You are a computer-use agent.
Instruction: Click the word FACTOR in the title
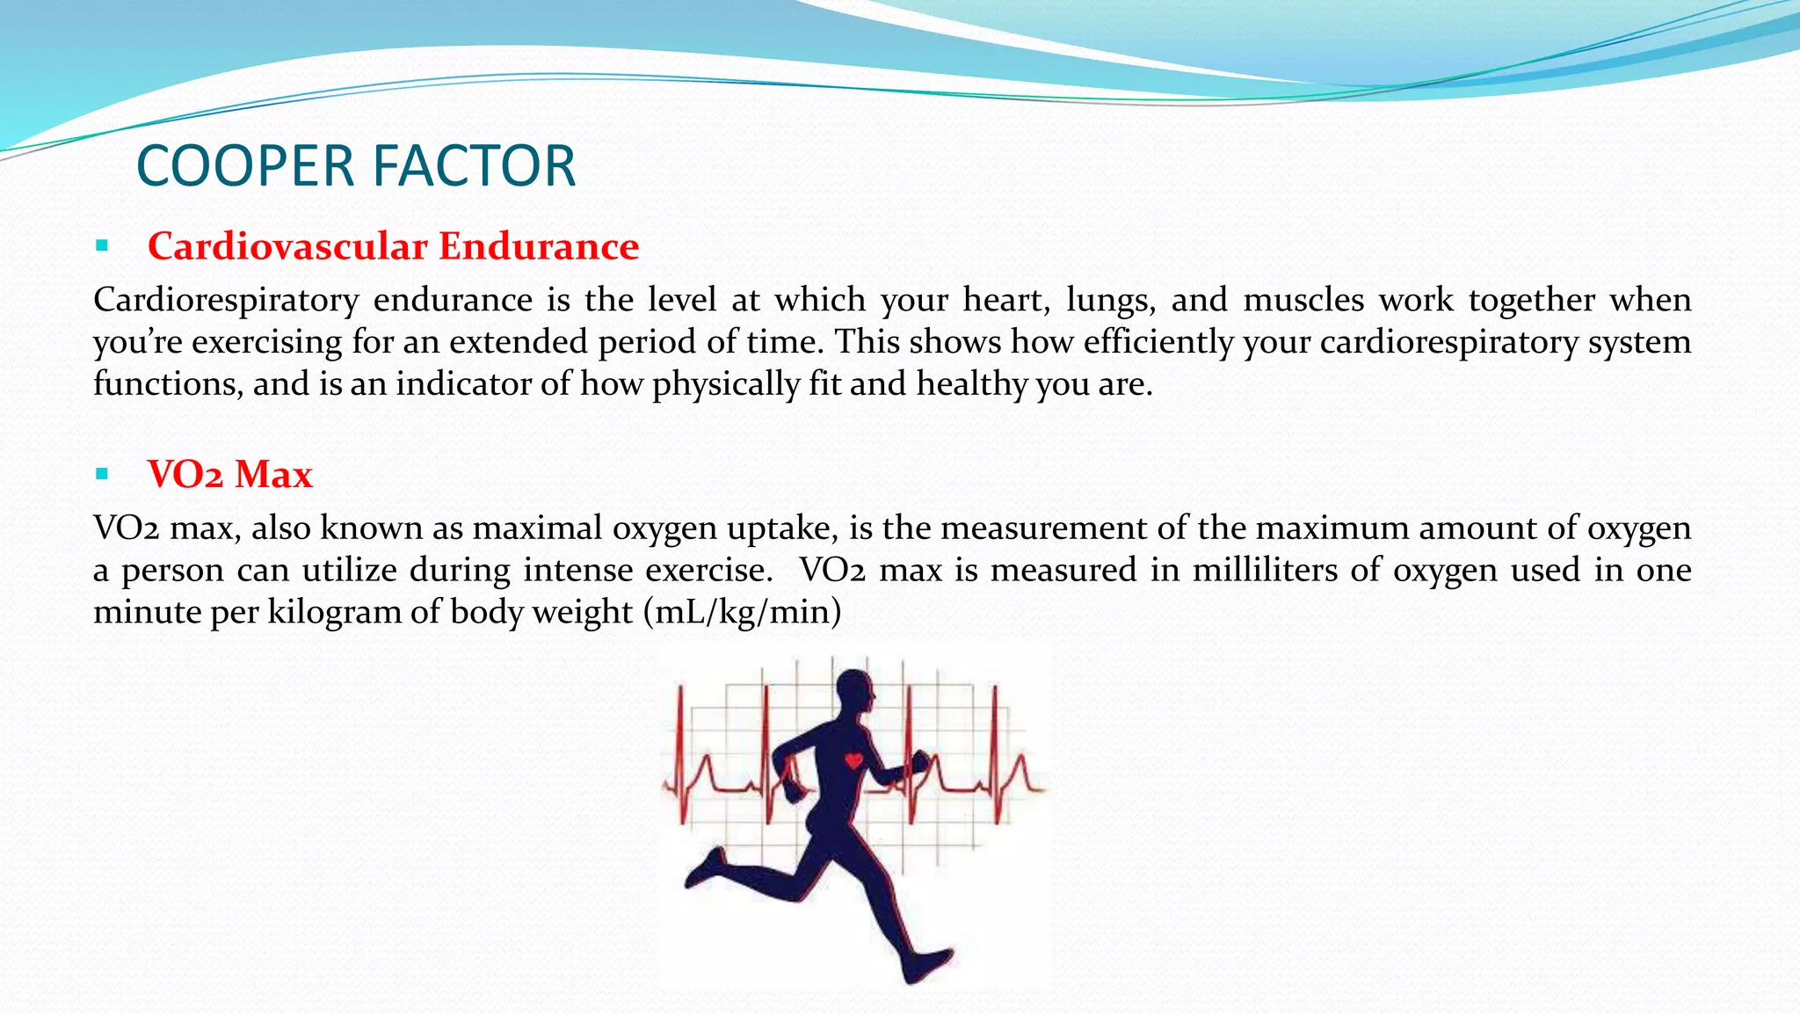coord(475,166)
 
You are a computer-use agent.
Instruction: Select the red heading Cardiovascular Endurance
coord(393,246)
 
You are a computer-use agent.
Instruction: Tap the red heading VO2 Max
coord(229,475)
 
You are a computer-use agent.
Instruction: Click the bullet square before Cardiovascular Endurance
coord(102,246)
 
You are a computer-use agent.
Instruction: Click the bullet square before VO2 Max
coord(102,475)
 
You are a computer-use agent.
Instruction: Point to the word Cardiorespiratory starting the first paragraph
coord(226,301)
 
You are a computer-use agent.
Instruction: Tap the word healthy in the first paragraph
coord(971,384)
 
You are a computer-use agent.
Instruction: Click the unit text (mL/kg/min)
coord(742,612)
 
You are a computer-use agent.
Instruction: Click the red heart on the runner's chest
coord(853,761)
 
